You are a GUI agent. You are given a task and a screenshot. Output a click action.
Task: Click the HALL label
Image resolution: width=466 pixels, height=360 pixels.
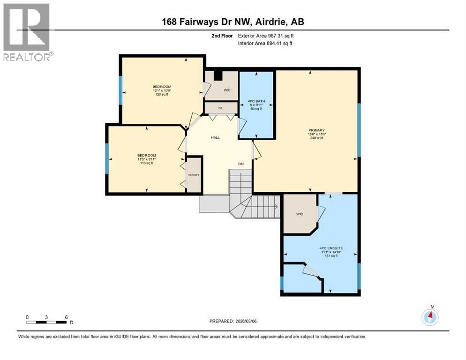pyautogui.click(x=215, y=137)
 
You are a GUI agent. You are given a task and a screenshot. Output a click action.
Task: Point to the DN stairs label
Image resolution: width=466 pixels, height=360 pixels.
pyautogui.click(x=241, y=164)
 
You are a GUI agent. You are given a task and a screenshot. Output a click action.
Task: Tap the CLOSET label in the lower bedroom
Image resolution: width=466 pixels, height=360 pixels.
pyautogui.click(x=194, y=175)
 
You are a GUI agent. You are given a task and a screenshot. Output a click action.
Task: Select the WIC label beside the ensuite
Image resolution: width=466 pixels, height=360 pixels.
pyautogui.click(x=300, y=214)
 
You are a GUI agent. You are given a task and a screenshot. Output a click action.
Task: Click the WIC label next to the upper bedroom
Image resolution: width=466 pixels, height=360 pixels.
pyautogui.click(x=227, y=90)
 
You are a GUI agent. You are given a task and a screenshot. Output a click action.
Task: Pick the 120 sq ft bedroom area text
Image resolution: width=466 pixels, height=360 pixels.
pyautogui.click(x=162, y=94)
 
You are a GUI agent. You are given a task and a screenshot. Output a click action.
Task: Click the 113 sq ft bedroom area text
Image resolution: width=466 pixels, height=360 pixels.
pyautogui.click(x=146, y=163)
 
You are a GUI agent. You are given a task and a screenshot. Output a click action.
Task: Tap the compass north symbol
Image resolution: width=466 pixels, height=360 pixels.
pyautogui.click(x=430, y=317)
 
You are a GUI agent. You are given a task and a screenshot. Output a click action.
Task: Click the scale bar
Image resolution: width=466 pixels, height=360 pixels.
pyautogui.click(x=46, y=322)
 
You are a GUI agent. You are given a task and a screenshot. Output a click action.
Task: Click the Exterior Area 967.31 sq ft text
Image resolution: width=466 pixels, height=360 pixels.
pyautogui.click(x=266, y=36)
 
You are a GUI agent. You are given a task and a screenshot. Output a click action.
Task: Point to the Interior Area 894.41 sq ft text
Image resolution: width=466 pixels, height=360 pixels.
pyautogui.click(x=265, y=44)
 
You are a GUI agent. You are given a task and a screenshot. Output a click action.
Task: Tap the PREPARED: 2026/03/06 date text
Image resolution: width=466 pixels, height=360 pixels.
pyautogui.click(x=233, y=321)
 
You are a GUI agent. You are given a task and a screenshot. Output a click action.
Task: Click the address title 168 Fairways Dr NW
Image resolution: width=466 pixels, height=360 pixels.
pyautogui.click(x=233, y=22)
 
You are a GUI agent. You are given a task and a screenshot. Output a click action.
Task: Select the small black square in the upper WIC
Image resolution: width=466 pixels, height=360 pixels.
pyautogui.click(x=217, y=75)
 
